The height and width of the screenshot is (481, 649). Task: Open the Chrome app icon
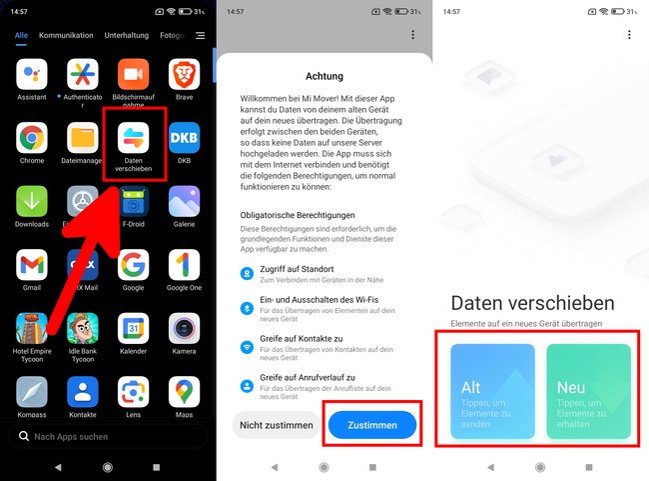point(31,137)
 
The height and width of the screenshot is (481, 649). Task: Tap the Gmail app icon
point(31,264)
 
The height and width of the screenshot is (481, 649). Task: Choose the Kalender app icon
point(133,327)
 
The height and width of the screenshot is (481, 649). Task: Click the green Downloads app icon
point(31,201)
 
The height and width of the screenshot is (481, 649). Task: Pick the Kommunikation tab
point(66,35)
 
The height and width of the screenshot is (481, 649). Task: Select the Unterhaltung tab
point(127,35)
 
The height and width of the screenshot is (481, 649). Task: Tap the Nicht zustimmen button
point(278,425)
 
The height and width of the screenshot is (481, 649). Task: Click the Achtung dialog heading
point(324,75)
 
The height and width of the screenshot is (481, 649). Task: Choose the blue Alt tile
point(492,391)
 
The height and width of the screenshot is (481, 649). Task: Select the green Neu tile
point(588,391)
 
